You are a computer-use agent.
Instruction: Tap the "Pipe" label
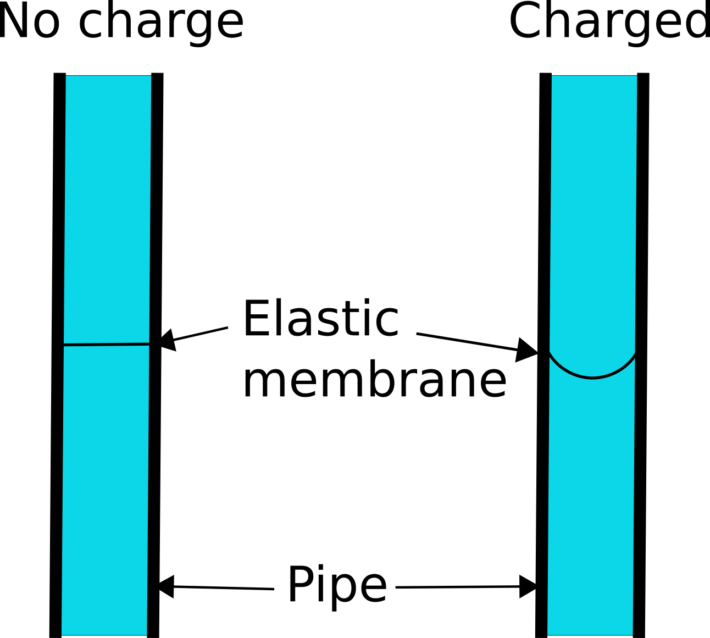pos(337,586)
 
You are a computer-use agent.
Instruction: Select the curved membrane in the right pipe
pos(592,377)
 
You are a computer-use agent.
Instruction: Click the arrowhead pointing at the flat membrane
pos(167,339)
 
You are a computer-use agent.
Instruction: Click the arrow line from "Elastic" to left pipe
pos(201,334)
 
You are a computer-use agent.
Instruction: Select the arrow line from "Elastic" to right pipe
pos(467,341)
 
